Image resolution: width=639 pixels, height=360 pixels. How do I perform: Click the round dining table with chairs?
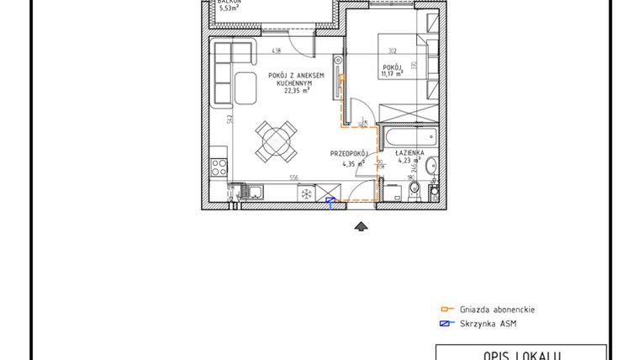pos(277,140)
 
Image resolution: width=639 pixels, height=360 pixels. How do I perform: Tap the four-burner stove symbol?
pos(219,166)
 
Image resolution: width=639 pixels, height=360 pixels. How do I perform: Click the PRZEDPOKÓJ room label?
pos(349,154)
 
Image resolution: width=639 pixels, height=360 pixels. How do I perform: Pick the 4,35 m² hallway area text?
pos(353,164)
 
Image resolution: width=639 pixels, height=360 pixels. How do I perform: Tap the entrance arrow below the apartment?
pos(362,225)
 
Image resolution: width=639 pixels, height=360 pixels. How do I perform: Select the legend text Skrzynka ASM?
pos(486,324)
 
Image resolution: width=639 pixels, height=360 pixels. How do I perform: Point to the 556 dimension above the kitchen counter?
pos(294,177)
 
